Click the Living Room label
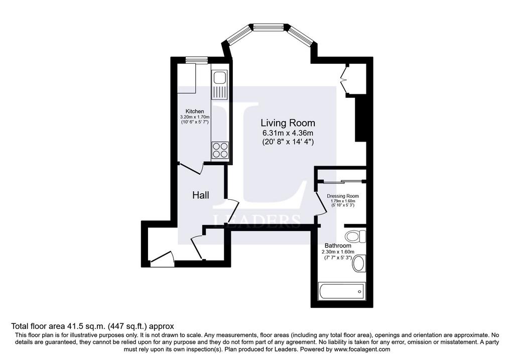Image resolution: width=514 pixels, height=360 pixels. click(288, 123)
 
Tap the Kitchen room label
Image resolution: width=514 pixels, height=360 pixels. click(195, 111)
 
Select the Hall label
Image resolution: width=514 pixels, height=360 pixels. click(201, 195)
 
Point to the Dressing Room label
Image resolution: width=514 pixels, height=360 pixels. click(342, 196)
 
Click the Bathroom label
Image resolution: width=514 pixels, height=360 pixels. click(338, 246)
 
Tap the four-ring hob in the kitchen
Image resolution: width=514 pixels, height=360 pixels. click(220, 150)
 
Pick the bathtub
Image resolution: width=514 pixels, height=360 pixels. click(341, 291)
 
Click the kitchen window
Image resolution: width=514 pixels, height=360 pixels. click(197, 60)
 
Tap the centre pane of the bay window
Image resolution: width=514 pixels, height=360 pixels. click(270, 27)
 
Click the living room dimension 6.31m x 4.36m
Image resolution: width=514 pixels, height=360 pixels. click(288, 133)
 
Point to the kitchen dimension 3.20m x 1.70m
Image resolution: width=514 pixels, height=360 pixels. click(195, 117)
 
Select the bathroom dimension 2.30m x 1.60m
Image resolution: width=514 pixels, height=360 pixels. click(338, 252)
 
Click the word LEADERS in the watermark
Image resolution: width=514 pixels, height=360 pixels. click(257, 221)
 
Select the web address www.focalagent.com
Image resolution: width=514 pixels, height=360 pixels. click(363, 349)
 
